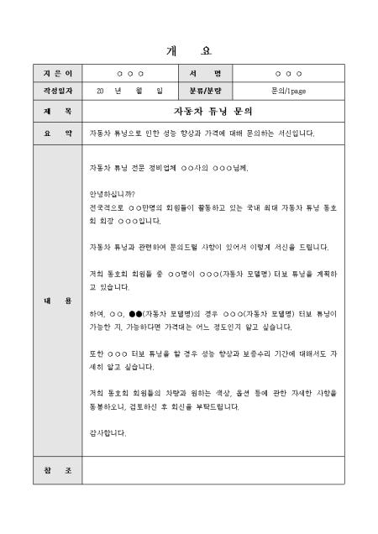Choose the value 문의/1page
pyautogui.click(x=288, y=88)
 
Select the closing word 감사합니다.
pyautogui.click(x=108, y=433)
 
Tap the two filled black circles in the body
pyautogui.click(x=134, y=313)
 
